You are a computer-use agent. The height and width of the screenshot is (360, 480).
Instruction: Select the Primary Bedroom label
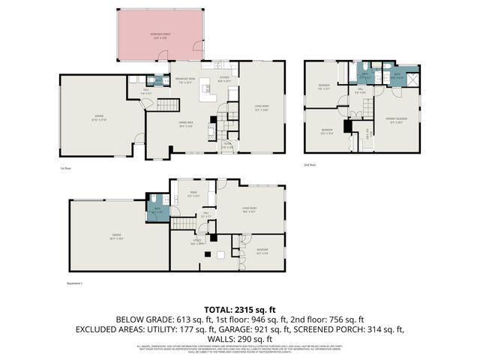click(x=397, y=119)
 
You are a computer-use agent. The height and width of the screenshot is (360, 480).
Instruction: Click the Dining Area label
click(x=187, y=124)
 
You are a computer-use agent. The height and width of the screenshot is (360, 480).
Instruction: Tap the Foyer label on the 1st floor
click(x=227, y=147)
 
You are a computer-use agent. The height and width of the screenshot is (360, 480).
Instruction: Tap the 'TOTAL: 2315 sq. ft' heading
click(x=240, y=308)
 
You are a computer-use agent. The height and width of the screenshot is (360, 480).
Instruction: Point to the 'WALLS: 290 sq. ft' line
click(x=240, y=338)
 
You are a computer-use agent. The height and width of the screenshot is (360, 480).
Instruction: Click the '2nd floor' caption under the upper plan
click(x=310, y=163)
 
